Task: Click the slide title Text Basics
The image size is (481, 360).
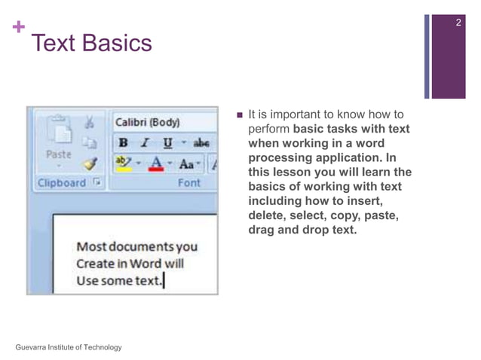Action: pos(91,44)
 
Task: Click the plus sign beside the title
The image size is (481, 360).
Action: pos(17,29)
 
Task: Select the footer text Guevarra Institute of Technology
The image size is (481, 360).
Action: pos(68,346)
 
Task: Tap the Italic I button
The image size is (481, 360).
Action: pos(143,142)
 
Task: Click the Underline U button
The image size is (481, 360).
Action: pos(167,142)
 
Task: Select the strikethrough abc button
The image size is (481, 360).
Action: pos(201,142)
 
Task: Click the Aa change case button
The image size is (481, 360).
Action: pos(185,163)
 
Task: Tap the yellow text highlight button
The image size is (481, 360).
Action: pos(123,163)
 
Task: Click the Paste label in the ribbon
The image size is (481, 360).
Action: pos(58,154)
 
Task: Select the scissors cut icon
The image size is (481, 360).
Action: pos(89,121)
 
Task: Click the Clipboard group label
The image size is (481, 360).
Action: pos(62,183)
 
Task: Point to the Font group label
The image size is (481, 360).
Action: pos(188,183)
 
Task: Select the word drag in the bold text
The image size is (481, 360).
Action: pos(261,230)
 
